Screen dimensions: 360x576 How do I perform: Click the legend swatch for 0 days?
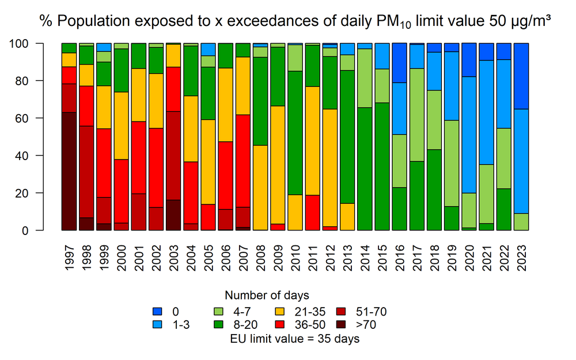click(156, 312)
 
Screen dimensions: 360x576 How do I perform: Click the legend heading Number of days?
click(267, 296)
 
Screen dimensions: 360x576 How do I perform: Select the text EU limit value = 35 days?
click(294, 339)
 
